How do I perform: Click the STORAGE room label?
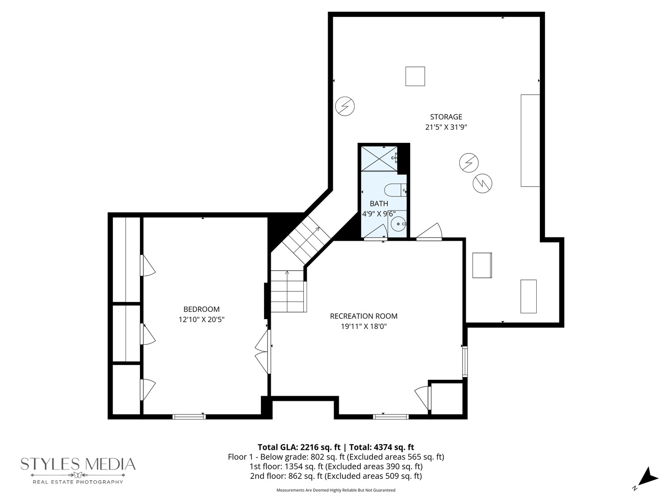coord(446,117)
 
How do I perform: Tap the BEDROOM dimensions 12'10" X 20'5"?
coord(202,320)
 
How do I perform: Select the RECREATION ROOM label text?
coord(364,316)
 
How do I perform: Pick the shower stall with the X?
coord(379,159)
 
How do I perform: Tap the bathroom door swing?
coord(375,232)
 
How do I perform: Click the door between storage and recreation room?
coord(429,231)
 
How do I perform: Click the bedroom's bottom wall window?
coord(189,416)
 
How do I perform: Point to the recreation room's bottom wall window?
coord(390,416)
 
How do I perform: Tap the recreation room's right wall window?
coord(465,361)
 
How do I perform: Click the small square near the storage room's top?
coord(415,76)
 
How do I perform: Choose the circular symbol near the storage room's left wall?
coord(345,106)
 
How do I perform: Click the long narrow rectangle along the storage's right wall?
coord(530,140)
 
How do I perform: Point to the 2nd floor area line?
coord(336,476)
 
